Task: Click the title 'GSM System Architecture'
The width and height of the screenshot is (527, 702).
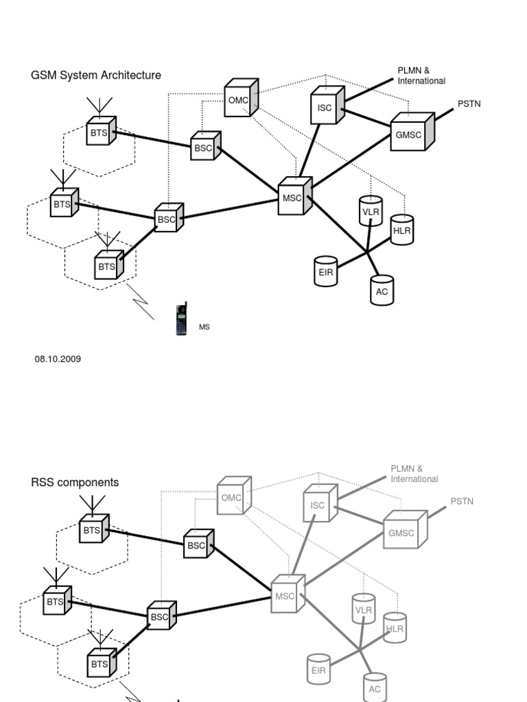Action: [x=96, y=75]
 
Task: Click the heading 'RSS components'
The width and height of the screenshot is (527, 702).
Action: [x=75, y=483]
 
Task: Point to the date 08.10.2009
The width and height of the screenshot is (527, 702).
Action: [x=58, y=359]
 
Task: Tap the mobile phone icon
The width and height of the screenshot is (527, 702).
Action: [x=181, y=319]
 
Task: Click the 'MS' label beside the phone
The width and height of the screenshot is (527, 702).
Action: [x=204, y=328]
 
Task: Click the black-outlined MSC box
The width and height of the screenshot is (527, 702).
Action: [x=293, y=198]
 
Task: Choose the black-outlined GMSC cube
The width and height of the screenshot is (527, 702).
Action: [x=410, y=134]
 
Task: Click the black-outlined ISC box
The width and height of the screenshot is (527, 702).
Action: [x=326, y=107]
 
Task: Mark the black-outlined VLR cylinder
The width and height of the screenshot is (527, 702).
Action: [x=371, y=212]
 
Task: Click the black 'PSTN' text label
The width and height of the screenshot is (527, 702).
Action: [x=469, y=104]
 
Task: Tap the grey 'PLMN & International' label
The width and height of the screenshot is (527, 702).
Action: [x=414, y=474]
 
